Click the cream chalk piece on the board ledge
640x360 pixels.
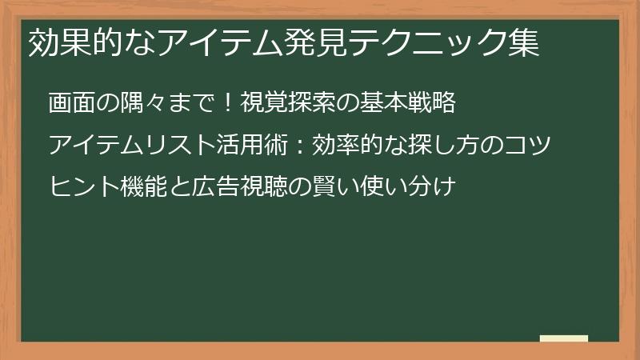pyautogui.click(x=564, y=338)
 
